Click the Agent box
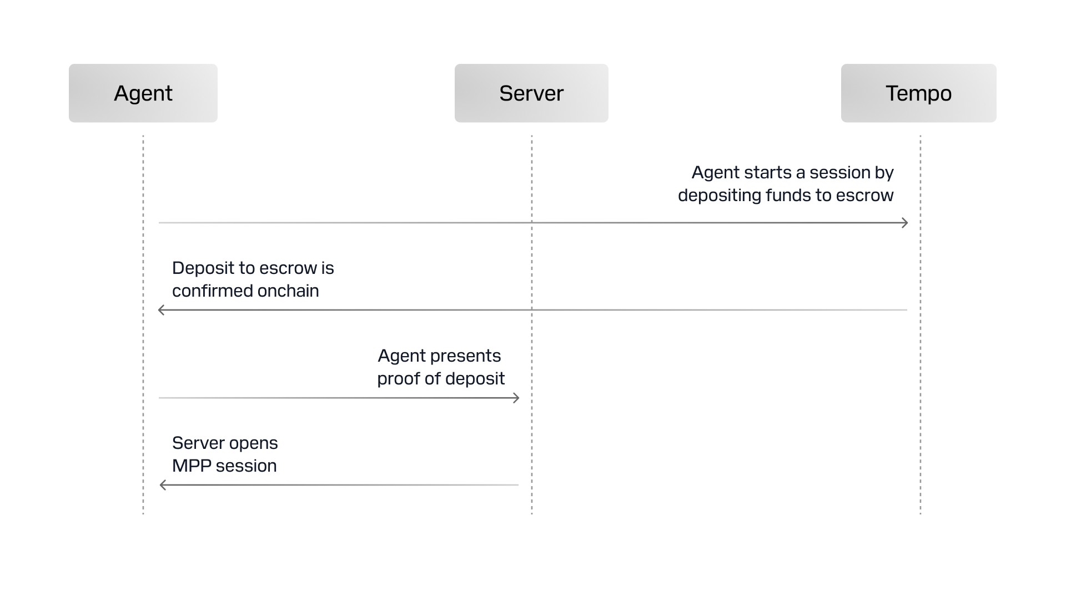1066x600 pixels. (x=143, y=93)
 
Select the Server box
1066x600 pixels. (x=531, y=93)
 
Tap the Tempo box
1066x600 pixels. (x=918, y=93)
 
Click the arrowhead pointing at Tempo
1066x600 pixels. (x=905, y=223)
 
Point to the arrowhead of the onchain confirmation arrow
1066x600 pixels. (x=161, y=310)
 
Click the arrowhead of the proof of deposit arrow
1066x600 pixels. (x=516, y=398)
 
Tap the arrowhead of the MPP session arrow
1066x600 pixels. (x=163, y=485)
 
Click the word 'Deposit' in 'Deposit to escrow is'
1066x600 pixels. (x=203, y=268)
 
